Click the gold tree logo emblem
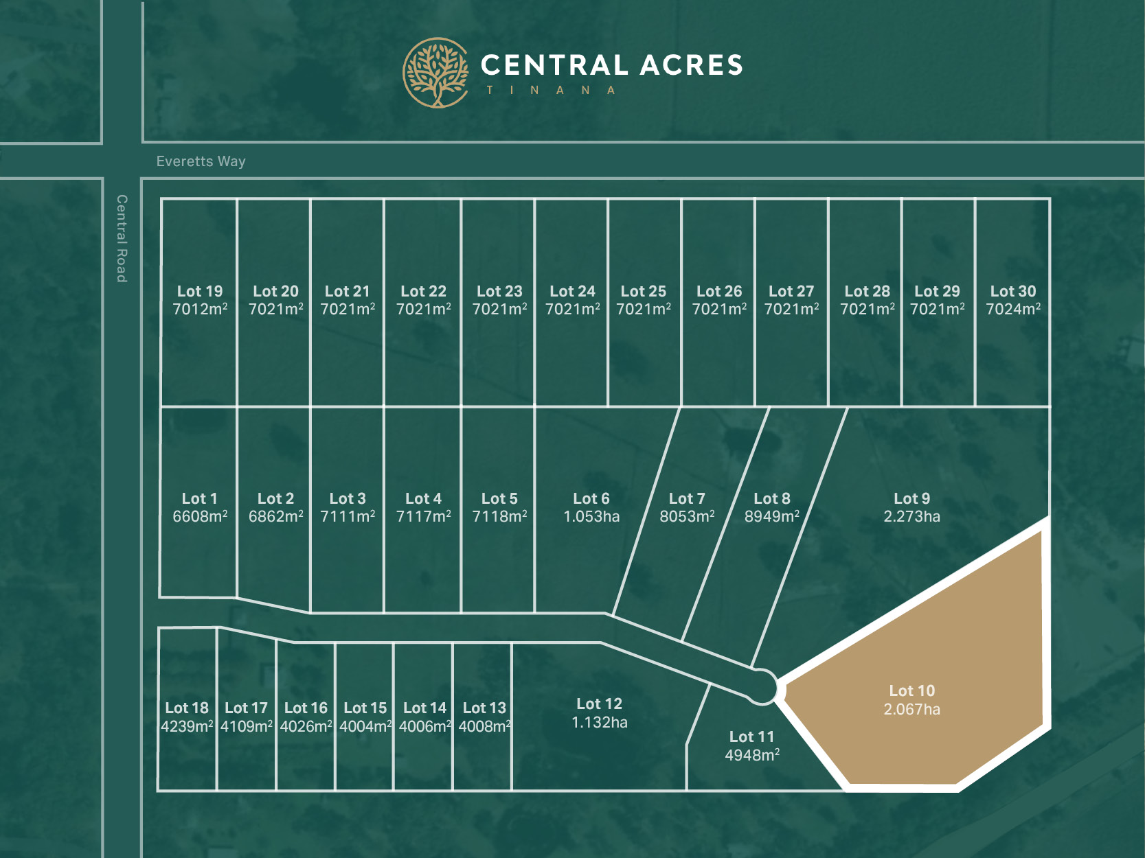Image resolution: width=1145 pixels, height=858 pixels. point(436,73)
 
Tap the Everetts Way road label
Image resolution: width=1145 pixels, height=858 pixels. point(201,161)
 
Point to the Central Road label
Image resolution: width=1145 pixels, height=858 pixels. point(122,238)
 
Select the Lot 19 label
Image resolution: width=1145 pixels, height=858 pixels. point(200,291)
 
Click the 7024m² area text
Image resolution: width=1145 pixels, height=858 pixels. point(1013,310)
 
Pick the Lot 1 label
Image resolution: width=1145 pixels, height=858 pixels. point(199,498)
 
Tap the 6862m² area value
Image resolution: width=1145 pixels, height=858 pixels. point(275,517)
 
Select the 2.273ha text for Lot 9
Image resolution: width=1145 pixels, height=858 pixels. point(911,517)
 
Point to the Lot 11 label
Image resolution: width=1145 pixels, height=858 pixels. point(751,737)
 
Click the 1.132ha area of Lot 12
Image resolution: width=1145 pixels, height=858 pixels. point(599,722)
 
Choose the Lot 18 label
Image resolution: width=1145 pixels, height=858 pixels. point(187,708)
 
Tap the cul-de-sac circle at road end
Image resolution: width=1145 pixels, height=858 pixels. point(762,687)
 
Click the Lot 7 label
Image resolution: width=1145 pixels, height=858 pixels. point(687,498)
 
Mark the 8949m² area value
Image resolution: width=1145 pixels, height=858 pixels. point(771,517)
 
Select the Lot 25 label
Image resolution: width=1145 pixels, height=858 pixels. point(644,291)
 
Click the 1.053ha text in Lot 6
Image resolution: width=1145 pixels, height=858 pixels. point(591,517)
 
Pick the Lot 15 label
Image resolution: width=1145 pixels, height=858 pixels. point(365,708)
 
